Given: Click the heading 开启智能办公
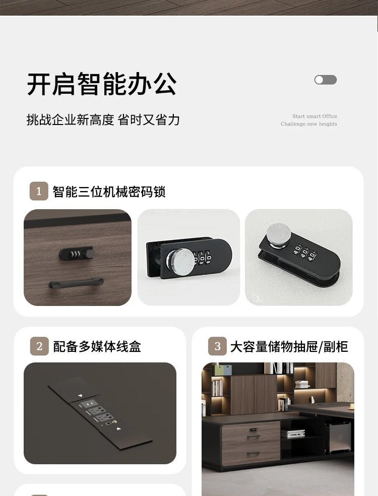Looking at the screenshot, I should (x=102, y=84).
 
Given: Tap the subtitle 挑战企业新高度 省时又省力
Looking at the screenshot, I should (x=103, y=120).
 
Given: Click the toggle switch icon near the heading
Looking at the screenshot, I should (x=325, y=80).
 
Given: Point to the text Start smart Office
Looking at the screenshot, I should (x=314, y=116).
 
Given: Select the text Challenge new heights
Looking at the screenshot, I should (x=308, y=124).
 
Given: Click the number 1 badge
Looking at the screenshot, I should (x=39, y=192).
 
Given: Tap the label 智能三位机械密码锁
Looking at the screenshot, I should (x=109, y=192).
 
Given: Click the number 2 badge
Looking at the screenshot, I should (x=39, y=347).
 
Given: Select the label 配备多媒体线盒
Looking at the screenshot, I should (x=97, y=347).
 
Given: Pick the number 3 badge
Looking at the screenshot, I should (x=217, y=347).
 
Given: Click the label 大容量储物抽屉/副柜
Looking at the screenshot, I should (x=289, y=347).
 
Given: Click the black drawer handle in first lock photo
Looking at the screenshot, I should (x=76, y=283).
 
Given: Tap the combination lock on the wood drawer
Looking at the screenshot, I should (x=76, y=253).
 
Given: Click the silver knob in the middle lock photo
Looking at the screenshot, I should (x=180, y=262).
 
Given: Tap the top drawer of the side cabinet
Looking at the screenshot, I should (x=254, y=431).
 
